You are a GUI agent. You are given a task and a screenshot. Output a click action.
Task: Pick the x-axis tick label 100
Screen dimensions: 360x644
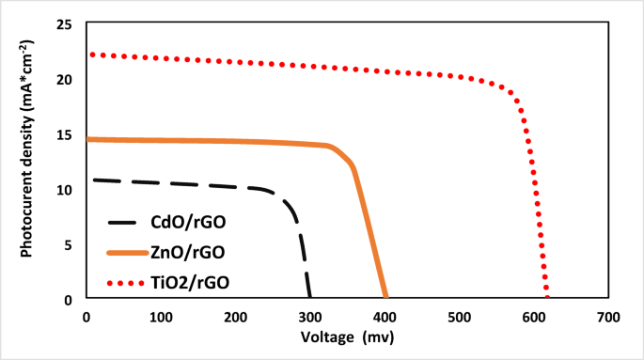tap(160, 318)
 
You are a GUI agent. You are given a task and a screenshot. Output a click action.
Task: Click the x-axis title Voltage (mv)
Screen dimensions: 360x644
tap(345, 337)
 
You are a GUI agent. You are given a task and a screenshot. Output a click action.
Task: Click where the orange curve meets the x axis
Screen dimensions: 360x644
tap(385, 298)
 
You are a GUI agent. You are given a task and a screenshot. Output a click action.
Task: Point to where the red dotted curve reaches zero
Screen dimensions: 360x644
tap(547, 298)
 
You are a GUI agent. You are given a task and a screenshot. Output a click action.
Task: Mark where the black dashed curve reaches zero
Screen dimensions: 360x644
tap(309, 298)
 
